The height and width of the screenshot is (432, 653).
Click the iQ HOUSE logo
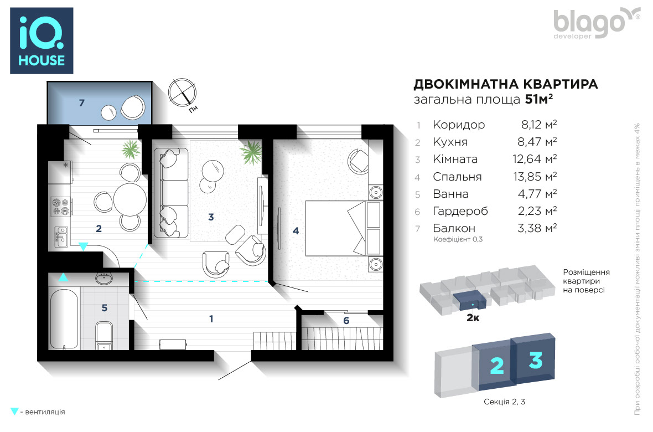42,40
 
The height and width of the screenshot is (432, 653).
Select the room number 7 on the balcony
82,102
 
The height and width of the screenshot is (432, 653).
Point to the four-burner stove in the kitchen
60,207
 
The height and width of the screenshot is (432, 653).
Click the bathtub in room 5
64,318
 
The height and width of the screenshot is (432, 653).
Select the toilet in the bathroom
103,335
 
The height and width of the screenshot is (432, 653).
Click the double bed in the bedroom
344,228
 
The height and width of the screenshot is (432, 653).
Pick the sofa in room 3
171,193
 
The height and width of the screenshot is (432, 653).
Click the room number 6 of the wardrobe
346,321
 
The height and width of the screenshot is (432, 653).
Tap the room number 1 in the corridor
211,319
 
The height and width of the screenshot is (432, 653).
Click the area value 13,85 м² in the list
535,177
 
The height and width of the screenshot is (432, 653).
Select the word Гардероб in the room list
460,212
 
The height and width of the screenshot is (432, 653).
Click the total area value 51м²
539,99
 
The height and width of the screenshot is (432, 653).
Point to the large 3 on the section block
536,361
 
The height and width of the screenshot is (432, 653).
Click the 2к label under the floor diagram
473,318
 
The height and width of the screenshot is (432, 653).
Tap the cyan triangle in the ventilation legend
14,412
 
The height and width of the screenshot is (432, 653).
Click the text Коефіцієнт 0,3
458,239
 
